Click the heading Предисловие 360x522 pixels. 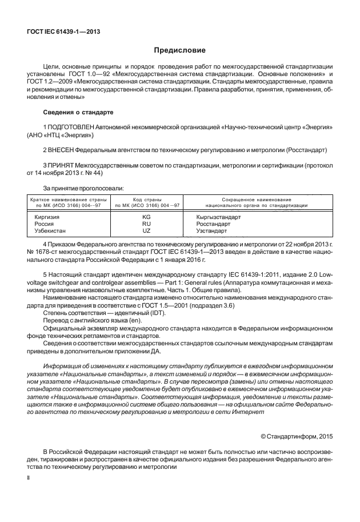point(179,51)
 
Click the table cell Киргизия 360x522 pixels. point(47,218)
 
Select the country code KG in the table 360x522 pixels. point(146,218)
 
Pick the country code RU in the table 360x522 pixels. point(146,224)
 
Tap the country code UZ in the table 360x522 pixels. point(146,230)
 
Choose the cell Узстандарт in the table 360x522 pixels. point(212,230)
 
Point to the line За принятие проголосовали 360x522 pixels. point(79,187)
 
